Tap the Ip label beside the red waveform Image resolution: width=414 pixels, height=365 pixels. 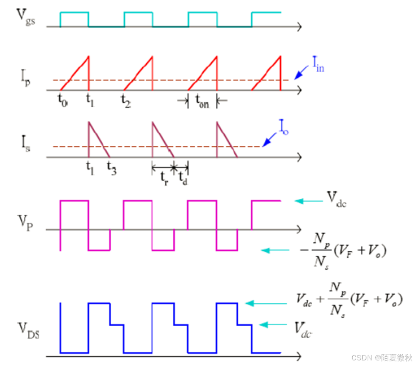pyautogui.click(x=25, y=78)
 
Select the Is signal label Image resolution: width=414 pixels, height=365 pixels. pyautogui.click(x=25, y=144)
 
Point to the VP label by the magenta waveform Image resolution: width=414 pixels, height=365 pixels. pyautogui.click(x=25, y=223)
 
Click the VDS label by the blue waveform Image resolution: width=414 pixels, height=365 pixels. pyautogui.click(x=28, y=331)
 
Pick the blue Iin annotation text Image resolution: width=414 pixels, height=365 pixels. pyautogui.click(x=318, y=64)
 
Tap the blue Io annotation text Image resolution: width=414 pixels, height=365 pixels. pyautogui.click(x=284, y=127)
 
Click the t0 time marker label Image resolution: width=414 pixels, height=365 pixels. pyautogui.click(x=63, y=101)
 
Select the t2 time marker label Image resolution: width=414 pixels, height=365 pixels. pyautogui.click(x=125, y=101)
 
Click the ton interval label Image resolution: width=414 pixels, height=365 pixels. pyautogui.click(x=202, y=101)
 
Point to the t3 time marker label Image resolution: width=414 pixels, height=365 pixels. pyautogui.click(x=111, y=168)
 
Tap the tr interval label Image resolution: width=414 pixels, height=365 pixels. pyautogui.click(x=164, y=178)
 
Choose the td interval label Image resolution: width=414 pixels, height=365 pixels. pyautogui.click(x=183, y=177)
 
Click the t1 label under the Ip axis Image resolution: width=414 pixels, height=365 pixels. pyautogui.click(x=90, y=101)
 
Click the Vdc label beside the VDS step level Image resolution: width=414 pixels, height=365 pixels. pyautogui.click(x=303, y=330)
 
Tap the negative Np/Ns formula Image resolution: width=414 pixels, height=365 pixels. pyautogui.click(x=343, y=251)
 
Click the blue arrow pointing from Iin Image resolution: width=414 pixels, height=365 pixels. pyautogui.click(x=301, y=72)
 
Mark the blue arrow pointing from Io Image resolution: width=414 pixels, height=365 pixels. pyautogui.click(x=269, y=139)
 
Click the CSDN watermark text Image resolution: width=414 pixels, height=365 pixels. pyautogui.click(x=382, y=358)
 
